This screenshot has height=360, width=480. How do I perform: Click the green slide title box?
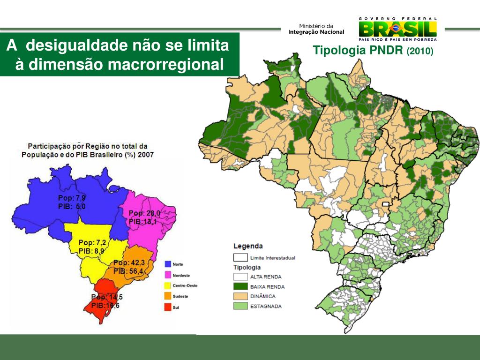coord(120,54)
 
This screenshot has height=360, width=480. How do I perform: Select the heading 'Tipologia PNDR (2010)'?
coord(373,50)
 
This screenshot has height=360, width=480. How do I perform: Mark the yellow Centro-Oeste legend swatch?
coord(168,285)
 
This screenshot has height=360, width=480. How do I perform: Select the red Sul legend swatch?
coord(168,307)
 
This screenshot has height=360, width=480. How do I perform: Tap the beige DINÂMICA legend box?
coord(240,296)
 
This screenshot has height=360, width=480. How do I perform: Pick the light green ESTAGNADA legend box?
coord(240,306)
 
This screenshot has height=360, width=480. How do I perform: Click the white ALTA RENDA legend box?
coord(240,277)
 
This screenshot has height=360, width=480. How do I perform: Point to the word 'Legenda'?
coord(248,246)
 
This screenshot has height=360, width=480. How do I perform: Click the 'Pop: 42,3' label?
coord(129,263)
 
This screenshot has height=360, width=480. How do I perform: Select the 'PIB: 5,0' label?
coord(72,206)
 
